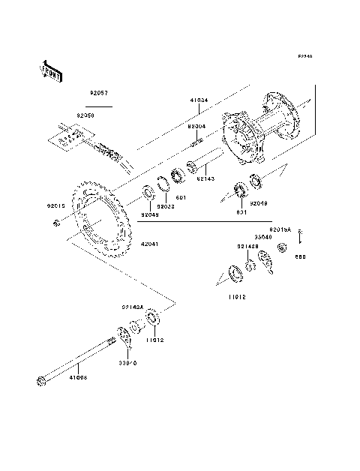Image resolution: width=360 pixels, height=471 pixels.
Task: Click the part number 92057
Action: (x=99, y=94)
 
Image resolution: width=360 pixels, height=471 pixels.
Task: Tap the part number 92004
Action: (x=196, y=127)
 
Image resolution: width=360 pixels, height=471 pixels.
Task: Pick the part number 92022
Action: (x=166, y=205)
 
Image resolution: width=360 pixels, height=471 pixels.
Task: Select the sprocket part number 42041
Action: (x=148, y=245)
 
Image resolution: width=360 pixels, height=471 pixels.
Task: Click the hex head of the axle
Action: (x=40, y=382)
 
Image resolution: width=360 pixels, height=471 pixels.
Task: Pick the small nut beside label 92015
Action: (x=57, y=223)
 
